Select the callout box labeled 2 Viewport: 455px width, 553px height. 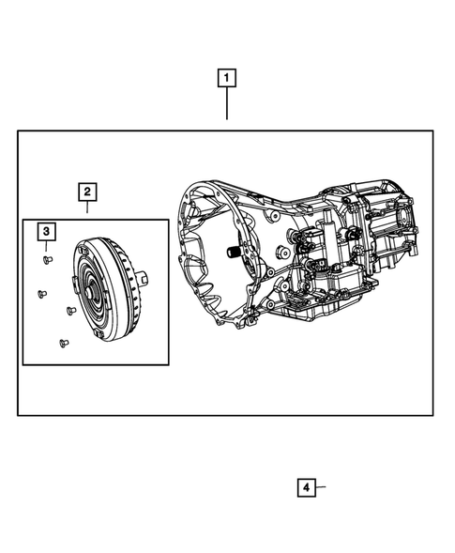coord(86,192)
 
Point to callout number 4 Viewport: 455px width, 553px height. coord(306,487)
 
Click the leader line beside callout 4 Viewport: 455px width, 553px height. coord(321,487)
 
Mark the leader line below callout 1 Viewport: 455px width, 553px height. coord(227,104)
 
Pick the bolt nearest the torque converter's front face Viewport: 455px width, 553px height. coord(70,309)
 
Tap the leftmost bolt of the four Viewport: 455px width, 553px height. coord(39,293)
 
